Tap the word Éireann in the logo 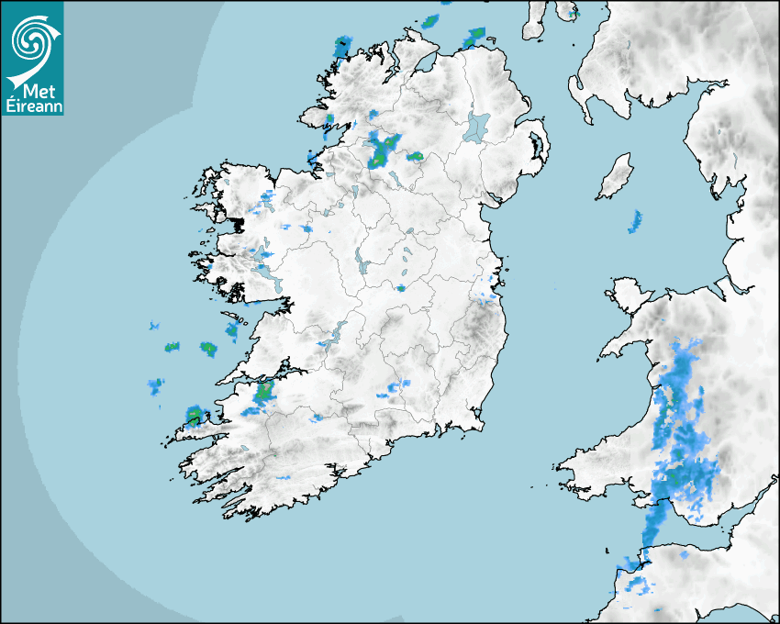click(x=32, y=106)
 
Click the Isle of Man click(x=616, y=177)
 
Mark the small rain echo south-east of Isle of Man click(x=635, y=221)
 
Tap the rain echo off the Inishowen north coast click(x=474, y=37)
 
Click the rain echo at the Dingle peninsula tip click(x=195, y=415)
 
